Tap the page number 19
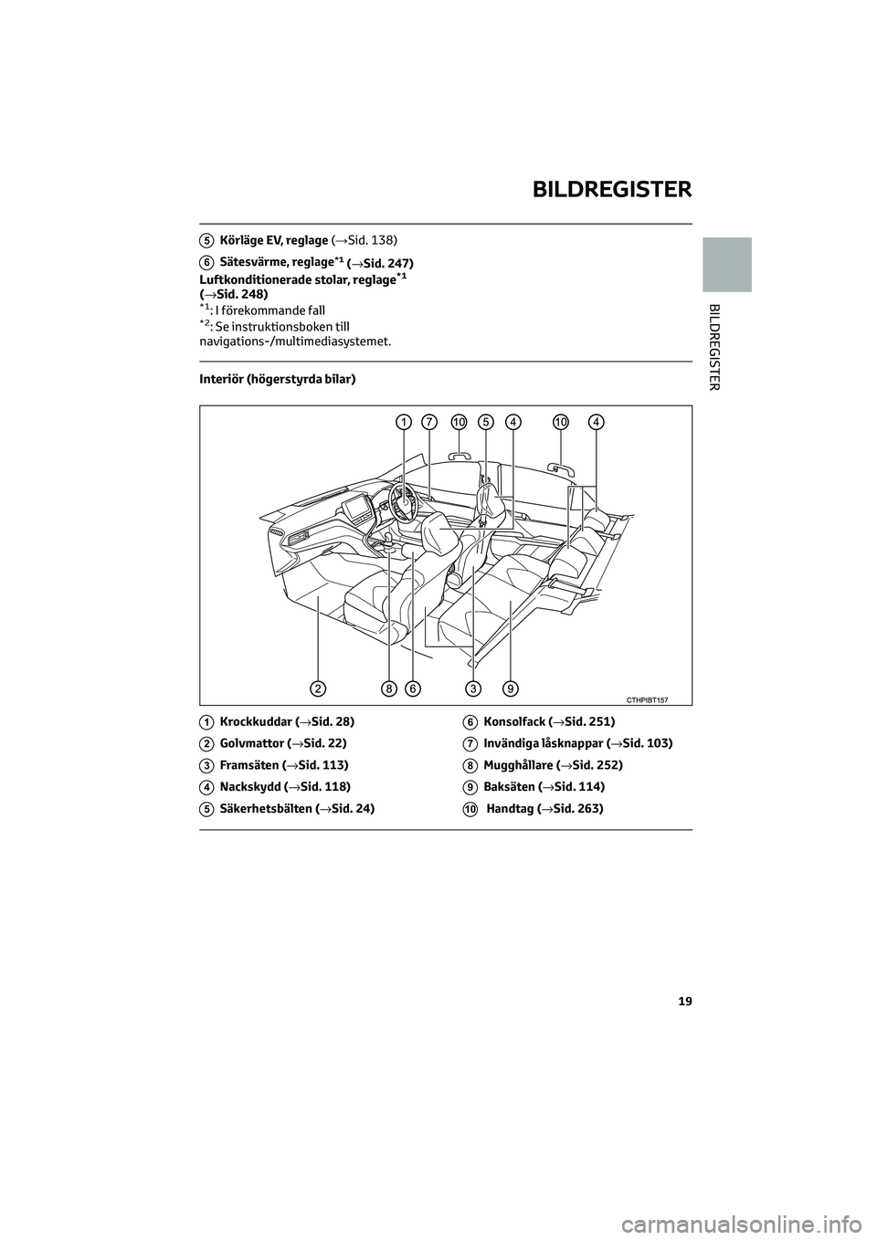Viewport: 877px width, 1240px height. tap(685, 1002)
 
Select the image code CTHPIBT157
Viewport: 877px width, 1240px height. tap(647, 699)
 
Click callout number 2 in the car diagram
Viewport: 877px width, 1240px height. tap(317, 687)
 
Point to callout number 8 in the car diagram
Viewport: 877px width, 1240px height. tap(389, 687)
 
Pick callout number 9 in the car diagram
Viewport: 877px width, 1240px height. tap(510, 687)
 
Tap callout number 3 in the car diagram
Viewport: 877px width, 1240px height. tap(473, 687)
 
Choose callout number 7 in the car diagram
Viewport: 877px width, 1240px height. tap(428, 421)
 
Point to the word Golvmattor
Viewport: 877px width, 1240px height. tap(251, 743)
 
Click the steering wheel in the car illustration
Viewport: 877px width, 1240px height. tap(402, 498)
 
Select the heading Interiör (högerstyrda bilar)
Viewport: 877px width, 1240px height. tap(277, 377)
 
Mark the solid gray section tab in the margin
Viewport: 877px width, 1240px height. tap(727, 264)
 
